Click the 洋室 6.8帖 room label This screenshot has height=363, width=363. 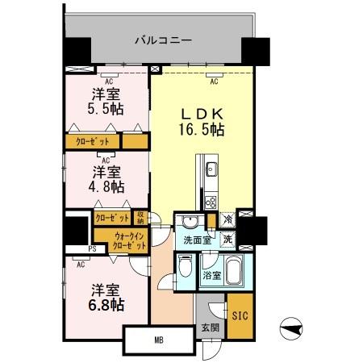105,298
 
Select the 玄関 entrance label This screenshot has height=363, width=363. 210,327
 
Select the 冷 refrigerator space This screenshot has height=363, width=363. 228,219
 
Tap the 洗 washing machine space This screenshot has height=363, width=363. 228,239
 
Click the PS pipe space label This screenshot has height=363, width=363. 93,250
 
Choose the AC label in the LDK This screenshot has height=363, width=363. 215,81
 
